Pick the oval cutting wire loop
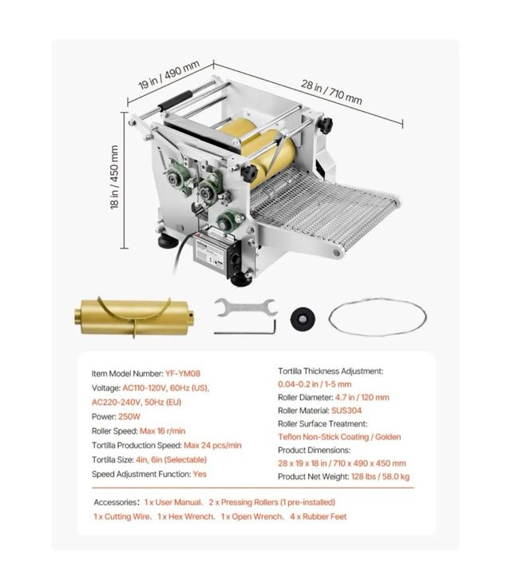(377, 317)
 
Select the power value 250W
(132, 415)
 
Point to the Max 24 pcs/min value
(212, 444)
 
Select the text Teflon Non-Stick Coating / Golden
(339, 437)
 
